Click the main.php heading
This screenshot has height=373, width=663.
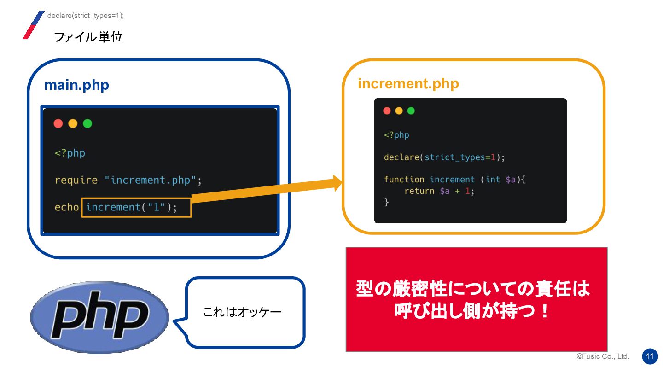(76, 85)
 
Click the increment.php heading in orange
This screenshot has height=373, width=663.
(408, 84)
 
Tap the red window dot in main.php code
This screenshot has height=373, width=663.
(58, 123)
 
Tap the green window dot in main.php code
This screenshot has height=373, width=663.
(87, 123)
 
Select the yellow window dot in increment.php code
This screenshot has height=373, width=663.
(399, 111)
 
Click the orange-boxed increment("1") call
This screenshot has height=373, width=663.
(136, 207)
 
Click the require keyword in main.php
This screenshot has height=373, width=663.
(76, 180)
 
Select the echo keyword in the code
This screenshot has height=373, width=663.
(67, 207)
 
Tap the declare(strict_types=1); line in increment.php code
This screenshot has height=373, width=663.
(444, 157)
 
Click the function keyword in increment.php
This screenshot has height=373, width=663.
(404, 180)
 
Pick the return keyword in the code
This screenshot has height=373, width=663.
(419, 191)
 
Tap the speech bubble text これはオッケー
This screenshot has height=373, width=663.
(242, 313)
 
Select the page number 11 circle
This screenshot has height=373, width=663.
(650, 356)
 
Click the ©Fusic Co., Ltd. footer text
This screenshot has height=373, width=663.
(603, 357)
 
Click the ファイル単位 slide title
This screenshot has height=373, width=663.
(88, 37)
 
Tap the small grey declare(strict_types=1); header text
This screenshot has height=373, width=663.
(86, 16)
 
